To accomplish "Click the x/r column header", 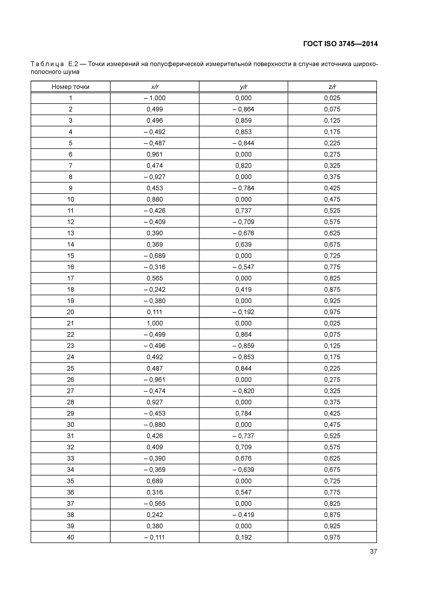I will tap(155, 87).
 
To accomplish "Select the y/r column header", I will tap(243, 87).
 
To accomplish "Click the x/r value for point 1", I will tap(155, 98).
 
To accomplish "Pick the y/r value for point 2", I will tap(243, 109).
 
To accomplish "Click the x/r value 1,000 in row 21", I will tap(155, 323).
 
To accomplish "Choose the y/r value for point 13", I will tap(243, 233).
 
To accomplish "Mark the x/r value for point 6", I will tap(155, 154).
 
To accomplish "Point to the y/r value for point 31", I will tap(243, 436).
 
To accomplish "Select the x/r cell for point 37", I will tap(155, 503).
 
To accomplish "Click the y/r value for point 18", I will tap(243, 289).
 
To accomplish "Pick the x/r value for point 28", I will tap(155, 402).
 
